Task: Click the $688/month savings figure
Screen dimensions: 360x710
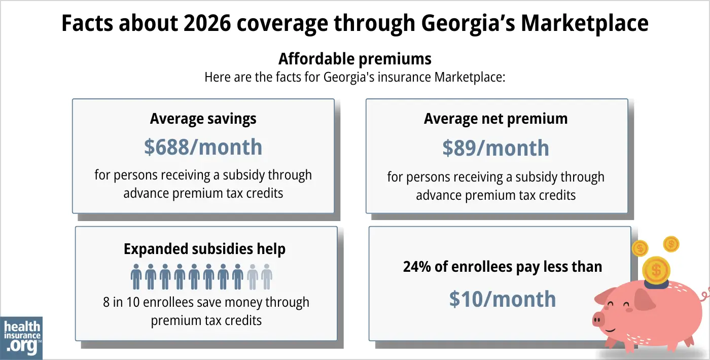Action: (x=203, y=147)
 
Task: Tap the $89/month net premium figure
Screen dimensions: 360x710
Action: (x=495, y=148)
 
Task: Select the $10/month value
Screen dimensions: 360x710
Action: (x=502, y=299)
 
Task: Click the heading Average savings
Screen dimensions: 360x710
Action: (x=203, y=119)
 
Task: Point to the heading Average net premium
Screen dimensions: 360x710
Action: (x=495, y=119)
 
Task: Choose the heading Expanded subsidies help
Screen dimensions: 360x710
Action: (x=204, y=249)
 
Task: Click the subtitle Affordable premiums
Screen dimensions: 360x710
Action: (x=354, y=59)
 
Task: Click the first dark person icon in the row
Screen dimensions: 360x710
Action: (x=136, y=276)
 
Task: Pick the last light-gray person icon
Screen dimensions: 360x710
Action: (x=267, y=276)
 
